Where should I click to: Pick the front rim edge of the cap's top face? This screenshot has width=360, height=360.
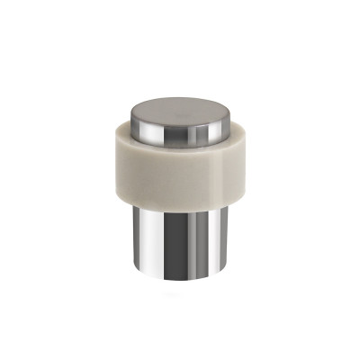[179, 125]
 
